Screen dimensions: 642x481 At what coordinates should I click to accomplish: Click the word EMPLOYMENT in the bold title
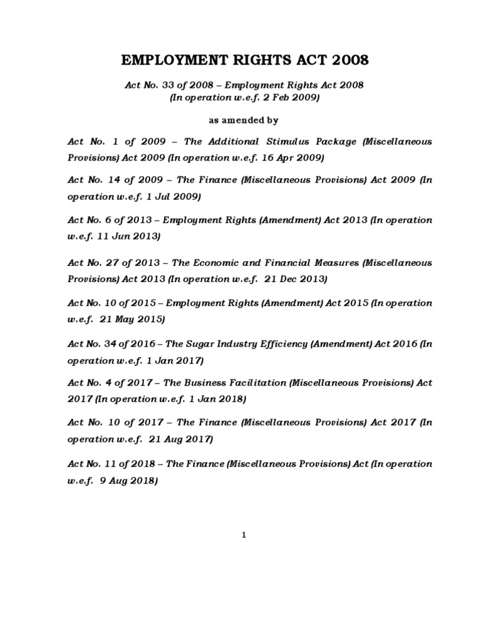point(167,61)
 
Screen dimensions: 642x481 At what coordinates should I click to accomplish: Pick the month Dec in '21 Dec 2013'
point(282,278)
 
